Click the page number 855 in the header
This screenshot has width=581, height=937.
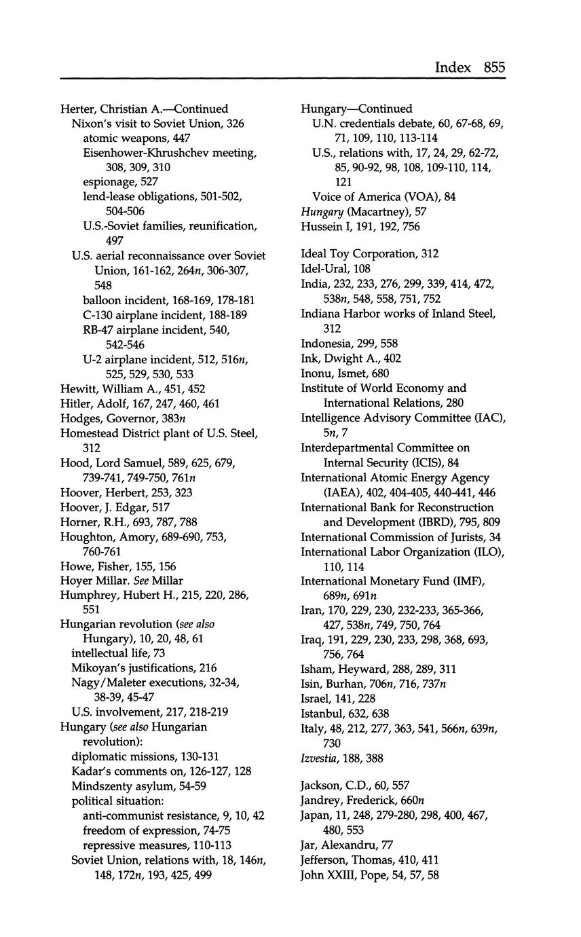click(x=495, y=67)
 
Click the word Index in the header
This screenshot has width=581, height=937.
click(x=453, y=67)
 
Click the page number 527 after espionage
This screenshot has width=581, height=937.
click(x=149, y=182)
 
